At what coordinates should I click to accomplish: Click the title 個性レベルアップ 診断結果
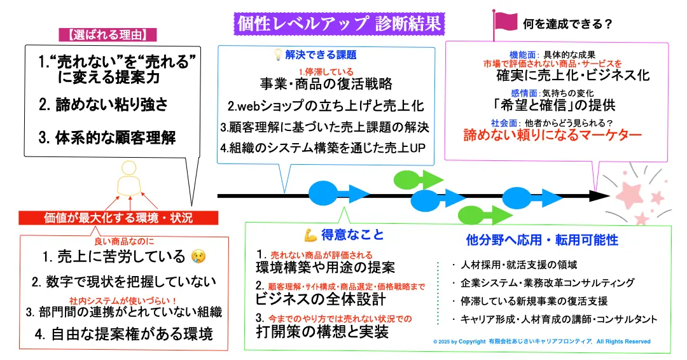338,24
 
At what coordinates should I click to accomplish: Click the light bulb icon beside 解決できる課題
277,55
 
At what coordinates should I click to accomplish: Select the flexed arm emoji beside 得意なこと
312,235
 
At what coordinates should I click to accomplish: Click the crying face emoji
199,256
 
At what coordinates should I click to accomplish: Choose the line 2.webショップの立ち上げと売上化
326,106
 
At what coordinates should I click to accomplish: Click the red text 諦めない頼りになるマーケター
552,135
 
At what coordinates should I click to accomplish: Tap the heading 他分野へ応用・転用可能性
542,240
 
